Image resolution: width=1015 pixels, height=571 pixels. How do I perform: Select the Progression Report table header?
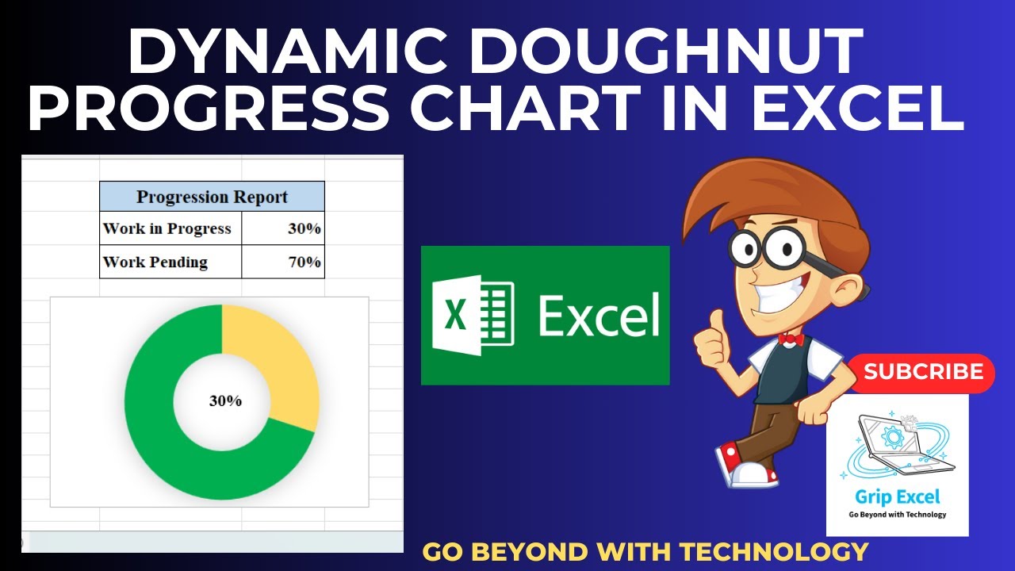coord(212,197)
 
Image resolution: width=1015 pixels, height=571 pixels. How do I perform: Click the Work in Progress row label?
coord(167,228)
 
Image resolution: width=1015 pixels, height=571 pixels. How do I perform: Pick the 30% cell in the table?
coord(304,228)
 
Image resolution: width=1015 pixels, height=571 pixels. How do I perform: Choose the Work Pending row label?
coord(155,262)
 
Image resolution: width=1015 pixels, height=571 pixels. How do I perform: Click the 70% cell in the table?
coord(304,262)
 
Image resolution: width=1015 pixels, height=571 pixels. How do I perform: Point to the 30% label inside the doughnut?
coord(225,401)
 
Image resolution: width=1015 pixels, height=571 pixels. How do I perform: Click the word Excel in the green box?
coord(599,316)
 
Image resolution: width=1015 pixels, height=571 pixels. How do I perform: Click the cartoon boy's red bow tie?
coord(791,339)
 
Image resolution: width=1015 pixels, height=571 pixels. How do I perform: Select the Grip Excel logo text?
coord(897,497)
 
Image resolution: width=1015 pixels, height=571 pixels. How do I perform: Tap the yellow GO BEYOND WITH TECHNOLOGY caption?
coord(645,551)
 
